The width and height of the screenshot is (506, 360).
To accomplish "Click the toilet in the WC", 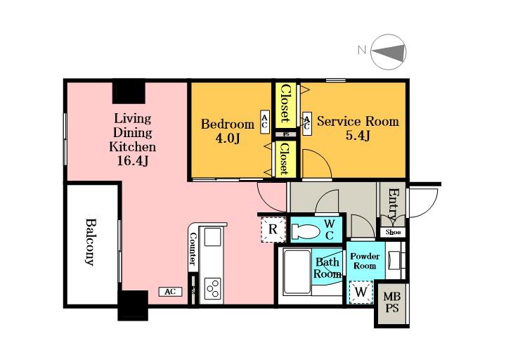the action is [x=305, y=231].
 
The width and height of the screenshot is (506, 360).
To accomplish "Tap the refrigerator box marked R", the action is [x=273, y=229].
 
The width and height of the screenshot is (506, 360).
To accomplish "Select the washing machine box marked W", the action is [x=361, y=292].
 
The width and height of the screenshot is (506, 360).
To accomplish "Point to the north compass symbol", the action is [x=388, y=52].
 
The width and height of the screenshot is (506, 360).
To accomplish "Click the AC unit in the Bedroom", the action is [x=265, y=122].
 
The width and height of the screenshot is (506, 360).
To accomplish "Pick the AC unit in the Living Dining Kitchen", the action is [x=170, y=292].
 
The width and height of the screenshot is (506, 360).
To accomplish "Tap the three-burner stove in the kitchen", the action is [x=213, y=287].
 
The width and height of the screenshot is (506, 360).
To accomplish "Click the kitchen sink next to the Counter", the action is [x=212, y=237].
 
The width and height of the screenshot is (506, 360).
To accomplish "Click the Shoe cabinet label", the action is [x=393, y=232].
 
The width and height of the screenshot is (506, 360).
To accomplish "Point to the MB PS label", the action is [x=392, y=302].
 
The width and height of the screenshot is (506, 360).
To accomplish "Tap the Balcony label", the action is [x=91, y=242].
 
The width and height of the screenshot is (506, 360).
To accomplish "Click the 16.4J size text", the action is [x=133, y=160].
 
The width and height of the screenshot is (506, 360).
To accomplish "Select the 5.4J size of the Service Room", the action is [x=358, y=136].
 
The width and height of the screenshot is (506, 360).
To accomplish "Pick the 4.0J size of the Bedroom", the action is [x=227, y=139].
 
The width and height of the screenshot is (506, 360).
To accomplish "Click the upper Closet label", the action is [x=285, y=104].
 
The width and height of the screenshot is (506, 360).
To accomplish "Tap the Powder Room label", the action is [x=365, y=261].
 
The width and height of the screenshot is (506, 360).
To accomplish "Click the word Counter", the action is [x=193, y=249].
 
